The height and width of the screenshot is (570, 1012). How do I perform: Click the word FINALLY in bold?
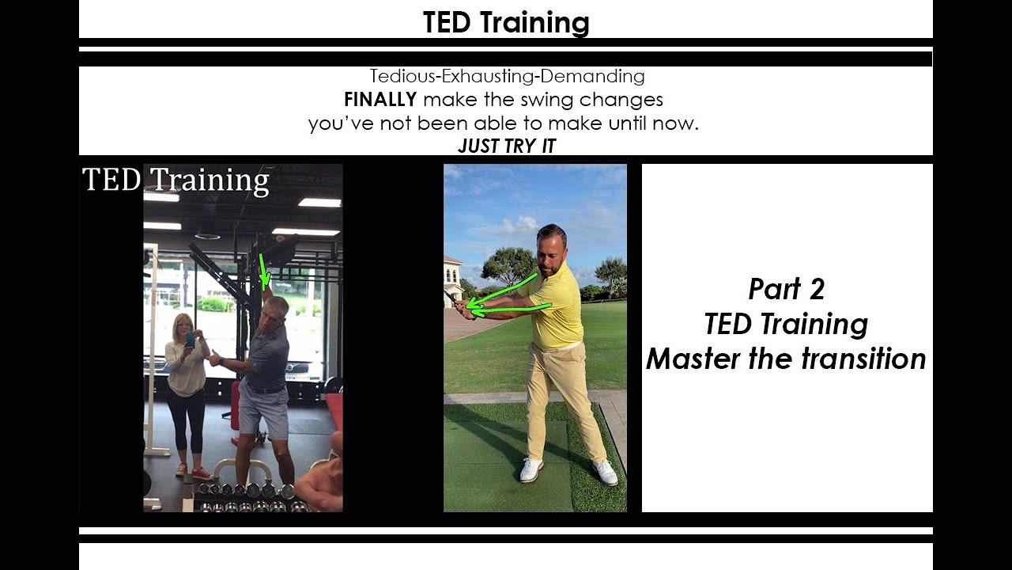(380, 100)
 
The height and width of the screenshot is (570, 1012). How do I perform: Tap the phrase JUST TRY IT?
(507, 146)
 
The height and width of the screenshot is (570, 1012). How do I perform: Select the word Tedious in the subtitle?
(402, 76)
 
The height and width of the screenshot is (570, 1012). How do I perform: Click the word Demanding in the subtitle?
(592, 77)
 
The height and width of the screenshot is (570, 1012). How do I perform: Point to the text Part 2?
(787, 289)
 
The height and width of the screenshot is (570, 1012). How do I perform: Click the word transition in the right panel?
(864, 359)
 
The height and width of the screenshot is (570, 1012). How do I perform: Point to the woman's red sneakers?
(194, 472)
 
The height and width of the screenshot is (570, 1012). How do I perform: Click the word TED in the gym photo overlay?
(111, 180)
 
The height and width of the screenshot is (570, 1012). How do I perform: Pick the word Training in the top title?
(534, 22)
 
